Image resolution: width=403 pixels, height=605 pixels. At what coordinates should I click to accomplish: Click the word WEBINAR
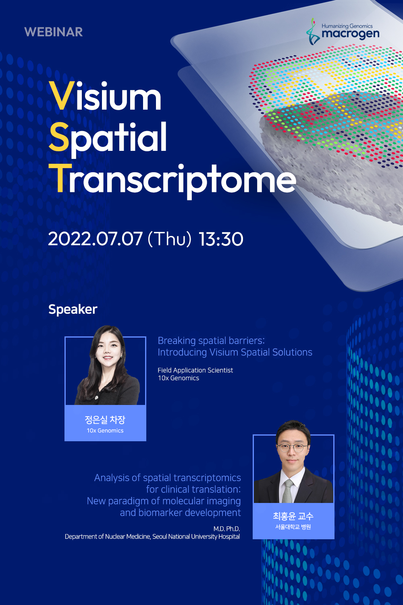click(54, 32)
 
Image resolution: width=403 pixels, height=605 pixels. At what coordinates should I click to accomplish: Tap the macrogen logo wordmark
click(350, 34)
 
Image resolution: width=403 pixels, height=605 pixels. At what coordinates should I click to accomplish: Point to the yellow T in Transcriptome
click(60, 178)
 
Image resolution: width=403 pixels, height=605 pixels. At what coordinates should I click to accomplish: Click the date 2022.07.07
click(95, 239)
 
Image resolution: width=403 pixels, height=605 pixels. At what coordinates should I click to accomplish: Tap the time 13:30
click(221, 239)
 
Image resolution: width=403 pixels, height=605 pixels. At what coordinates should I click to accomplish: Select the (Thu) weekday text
click(170, 239)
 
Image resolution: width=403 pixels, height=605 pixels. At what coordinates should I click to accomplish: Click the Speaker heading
click(73, 309)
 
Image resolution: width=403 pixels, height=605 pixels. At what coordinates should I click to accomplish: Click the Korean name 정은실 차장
click(105, 420)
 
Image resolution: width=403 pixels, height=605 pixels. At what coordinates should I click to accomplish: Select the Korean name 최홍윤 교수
click(293, 516)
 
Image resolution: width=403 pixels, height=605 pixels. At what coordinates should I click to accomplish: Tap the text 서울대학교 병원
click(293, 527)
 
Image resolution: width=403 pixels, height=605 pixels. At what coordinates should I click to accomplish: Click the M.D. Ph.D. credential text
click(226, 528)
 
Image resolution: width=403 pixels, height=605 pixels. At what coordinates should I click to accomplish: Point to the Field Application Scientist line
click(195, 370)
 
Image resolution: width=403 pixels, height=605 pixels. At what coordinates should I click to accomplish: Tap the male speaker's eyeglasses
click(292, 448)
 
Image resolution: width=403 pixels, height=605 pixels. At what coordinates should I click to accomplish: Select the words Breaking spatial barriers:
click(211, 341)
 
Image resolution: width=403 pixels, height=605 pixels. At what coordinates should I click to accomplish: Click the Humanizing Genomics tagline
click(347, 26)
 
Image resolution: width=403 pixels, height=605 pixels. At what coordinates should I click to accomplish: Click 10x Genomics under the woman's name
click(105, 430)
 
